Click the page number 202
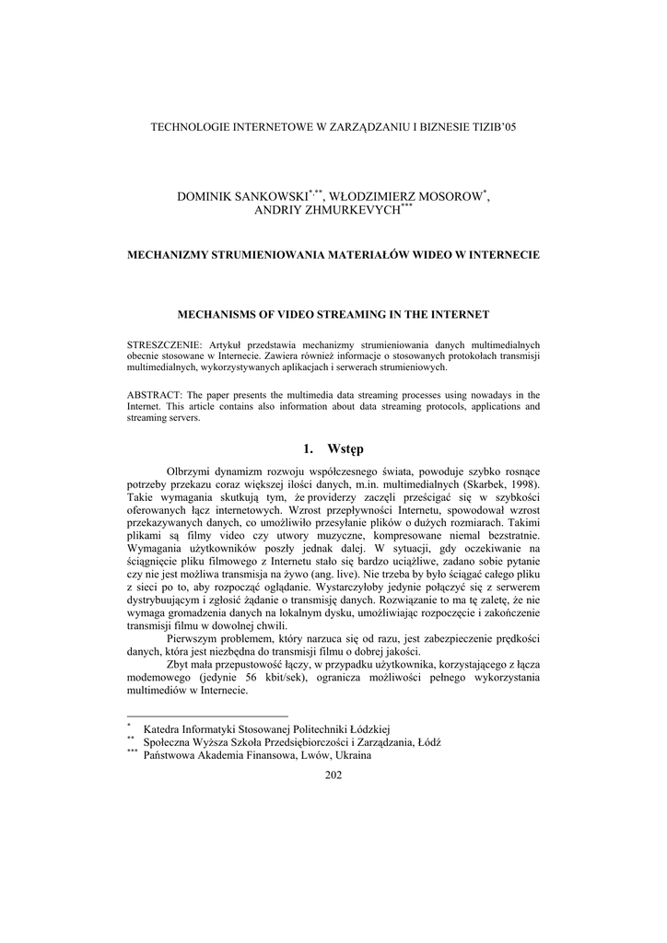point(333,775)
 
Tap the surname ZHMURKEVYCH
point(353,211)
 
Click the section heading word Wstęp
point(345,448)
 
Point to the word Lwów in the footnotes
point(310,756)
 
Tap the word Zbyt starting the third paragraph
point(179,664)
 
